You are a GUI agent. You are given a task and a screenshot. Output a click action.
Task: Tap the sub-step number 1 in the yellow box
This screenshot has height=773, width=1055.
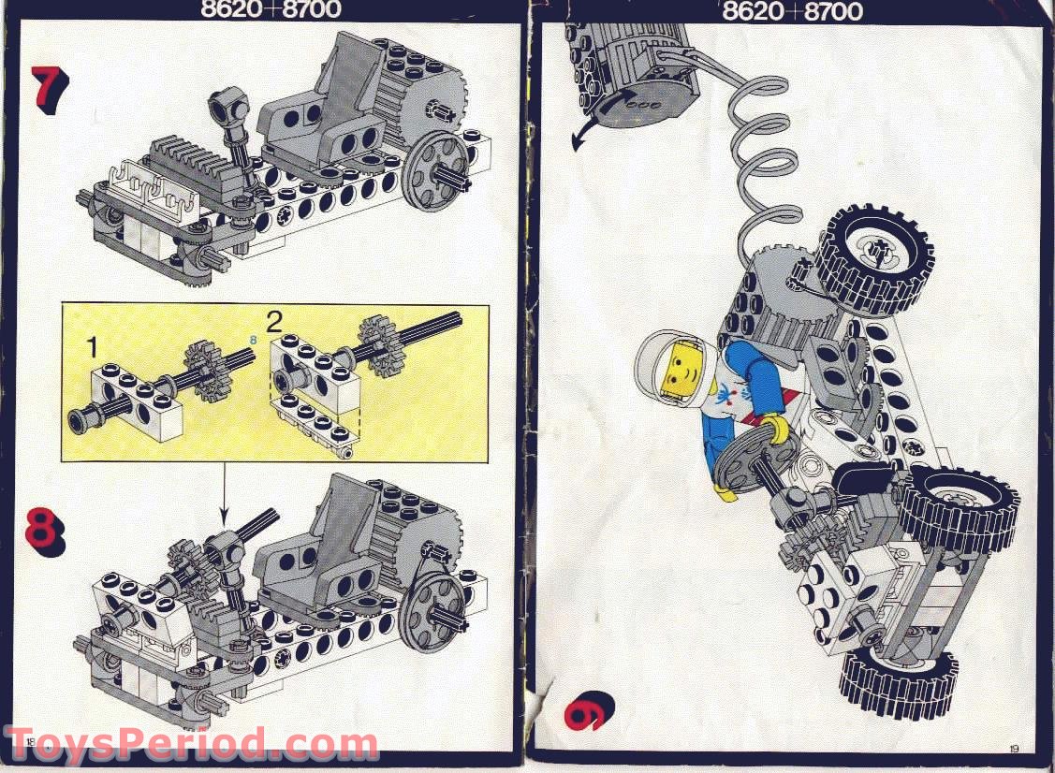92,347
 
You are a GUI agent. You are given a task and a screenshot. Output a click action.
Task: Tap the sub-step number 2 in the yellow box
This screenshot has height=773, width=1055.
274,324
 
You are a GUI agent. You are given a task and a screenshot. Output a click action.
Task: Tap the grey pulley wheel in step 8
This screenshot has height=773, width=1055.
432,606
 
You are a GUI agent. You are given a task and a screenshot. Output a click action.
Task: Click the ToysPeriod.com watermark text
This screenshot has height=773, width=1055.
192,746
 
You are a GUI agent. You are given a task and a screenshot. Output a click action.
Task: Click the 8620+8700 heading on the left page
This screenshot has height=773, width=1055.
271,10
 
